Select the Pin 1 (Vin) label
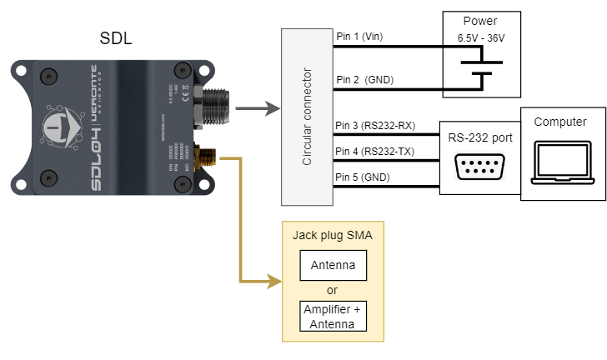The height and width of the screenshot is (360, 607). click(x=360, y=37)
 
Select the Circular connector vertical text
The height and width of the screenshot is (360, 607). click(x=307, y=117)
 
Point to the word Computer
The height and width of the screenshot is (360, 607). click(x=560, y=122)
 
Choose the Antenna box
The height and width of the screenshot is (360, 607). click(x=333, y=267)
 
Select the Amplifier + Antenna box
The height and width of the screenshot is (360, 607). click(x=333, y=316)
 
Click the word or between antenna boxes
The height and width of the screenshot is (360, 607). click(x=333, y=290)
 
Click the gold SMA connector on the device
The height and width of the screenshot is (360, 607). click(x=202, y=156)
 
